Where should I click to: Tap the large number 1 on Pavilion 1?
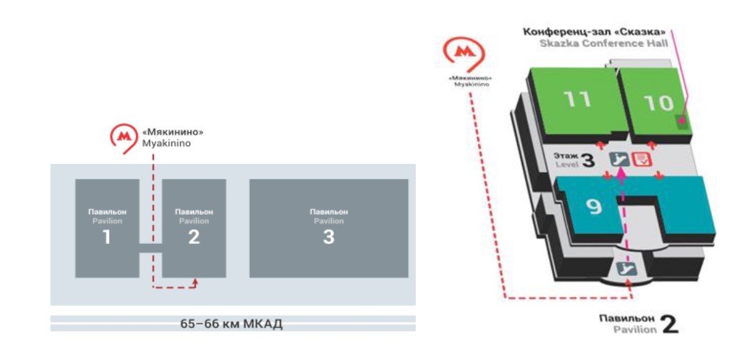(106, 237)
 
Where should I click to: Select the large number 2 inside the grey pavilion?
(194, 237)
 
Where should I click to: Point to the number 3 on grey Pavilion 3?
(328, 237)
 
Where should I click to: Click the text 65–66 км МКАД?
(231, 324)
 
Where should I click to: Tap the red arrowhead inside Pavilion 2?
(195, 282)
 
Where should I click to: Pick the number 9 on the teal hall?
(594, 207)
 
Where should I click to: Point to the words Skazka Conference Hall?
(603, 43)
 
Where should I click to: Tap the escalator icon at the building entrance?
(626, 269)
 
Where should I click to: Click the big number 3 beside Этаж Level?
(588, 161)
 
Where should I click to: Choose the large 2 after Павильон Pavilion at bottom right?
(669, 325)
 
